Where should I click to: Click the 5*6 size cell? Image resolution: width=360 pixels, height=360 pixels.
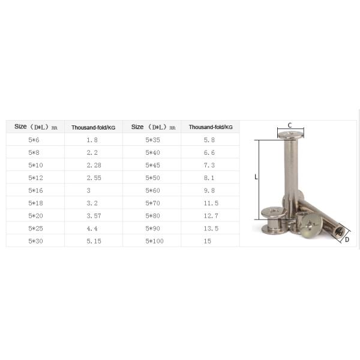click(34, 140)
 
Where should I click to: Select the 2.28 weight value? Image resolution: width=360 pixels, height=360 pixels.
click(94, 165)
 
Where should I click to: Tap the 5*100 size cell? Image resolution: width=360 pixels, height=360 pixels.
click(154, 241)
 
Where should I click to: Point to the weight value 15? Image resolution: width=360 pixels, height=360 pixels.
click(208, 241)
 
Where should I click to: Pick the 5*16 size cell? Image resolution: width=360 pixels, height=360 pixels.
click(35, 190)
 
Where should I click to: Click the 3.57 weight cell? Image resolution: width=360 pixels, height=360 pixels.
click(94, 216)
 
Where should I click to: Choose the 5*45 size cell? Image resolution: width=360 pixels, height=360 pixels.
click(152, 165)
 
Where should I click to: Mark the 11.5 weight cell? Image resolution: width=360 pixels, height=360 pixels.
click(211, 203)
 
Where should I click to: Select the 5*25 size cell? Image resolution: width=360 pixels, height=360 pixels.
click(35, 229)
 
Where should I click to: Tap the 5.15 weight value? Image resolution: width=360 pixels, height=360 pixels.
click(94, 241)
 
